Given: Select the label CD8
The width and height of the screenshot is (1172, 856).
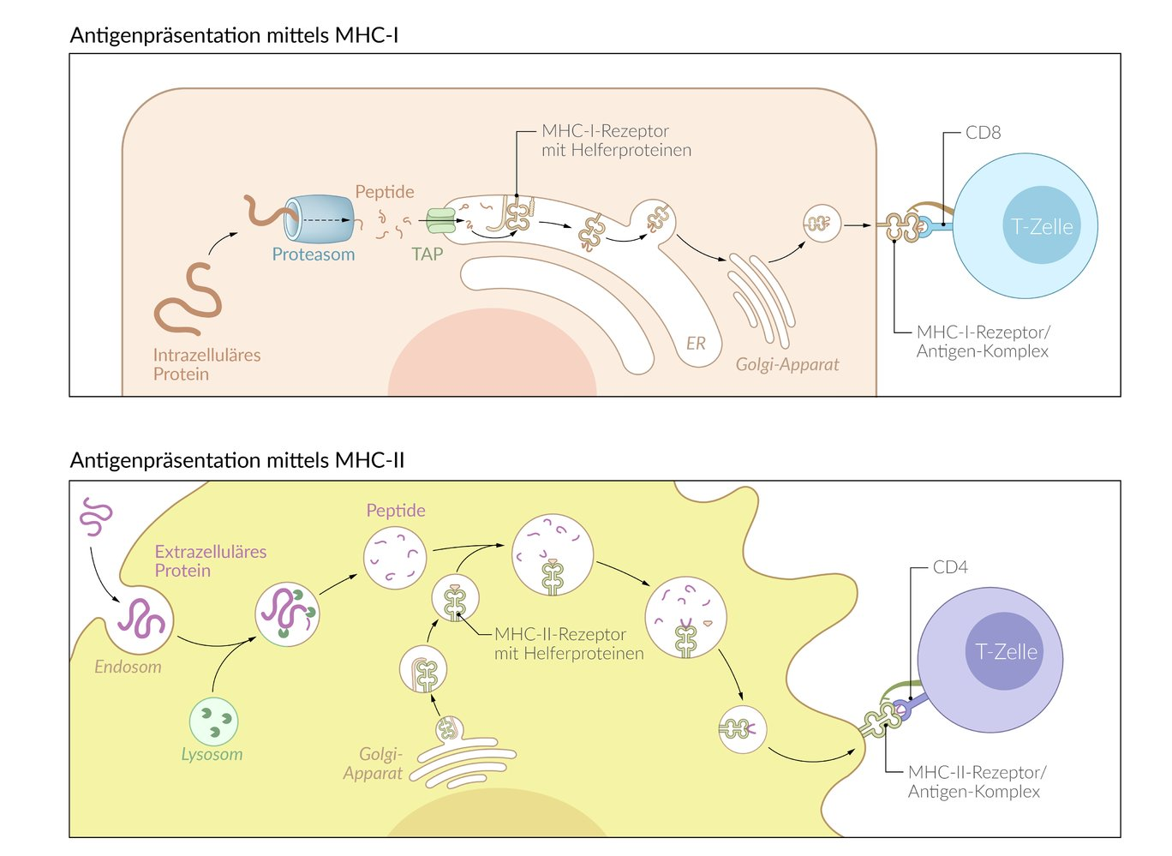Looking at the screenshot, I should click(983, 133).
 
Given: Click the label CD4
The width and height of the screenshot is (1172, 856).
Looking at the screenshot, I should click(950, 567).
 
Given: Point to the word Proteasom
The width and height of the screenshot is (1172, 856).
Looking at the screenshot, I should click(313, 254).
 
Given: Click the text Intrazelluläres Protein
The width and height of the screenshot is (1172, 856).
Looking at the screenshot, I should click(206, 364).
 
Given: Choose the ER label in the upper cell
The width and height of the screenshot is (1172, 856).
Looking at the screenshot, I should click(696, 344).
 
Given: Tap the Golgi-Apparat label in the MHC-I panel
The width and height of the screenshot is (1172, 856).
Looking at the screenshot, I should click(787, 364).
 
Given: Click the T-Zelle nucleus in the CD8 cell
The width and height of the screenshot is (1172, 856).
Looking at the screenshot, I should click(1042, 226).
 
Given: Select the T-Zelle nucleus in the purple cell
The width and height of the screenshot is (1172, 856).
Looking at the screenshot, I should click(1007, 652).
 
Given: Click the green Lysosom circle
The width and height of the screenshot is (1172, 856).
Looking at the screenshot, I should click(213, 721).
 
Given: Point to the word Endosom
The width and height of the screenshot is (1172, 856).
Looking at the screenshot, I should click(128, 667).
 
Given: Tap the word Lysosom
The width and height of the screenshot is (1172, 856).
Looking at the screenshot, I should click(212, 755).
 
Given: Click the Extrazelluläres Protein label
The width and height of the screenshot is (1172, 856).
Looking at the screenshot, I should click(210, 561).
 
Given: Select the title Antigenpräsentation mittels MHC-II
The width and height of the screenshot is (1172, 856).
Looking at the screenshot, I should click(237, 460).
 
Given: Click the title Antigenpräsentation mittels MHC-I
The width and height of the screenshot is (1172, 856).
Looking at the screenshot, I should click(234, 35).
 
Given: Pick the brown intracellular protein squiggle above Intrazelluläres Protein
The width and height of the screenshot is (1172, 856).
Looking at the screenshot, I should click(189, 300).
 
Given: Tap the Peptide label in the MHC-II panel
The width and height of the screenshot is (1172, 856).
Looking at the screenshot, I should click(396, 511).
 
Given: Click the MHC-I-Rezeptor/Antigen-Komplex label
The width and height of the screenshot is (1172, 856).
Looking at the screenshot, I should click(983, 342).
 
